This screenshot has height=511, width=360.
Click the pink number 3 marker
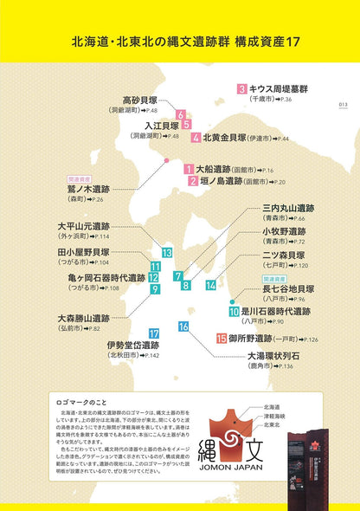coord(241,88)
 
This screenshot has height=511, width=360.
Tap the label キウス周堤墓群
coord(279,88)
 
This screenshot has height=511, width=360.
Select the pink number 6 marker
coord(180,114)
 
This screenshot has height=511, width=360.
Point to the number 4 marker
coord(196,137)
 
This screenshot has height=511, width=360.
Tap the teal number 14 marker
coord(210,285)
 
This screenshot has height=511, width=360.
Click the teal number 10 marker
coord(234,310)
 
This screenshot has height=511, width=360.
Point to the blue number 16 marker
coord(183,327)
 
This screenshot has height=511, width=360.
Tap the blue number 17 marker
coord(153,333)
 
